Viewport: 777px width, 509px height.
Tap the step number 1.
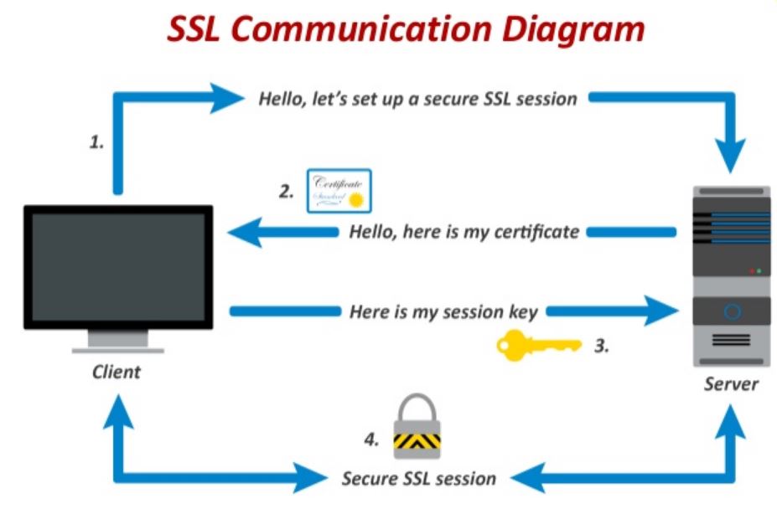pos(97,142)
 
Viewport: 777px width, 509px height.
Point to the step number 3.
pos(601,344)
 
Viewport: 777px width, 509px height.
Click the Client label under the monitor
pos(117,371)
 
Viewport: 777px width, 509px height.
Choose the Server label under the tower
pos(731,384)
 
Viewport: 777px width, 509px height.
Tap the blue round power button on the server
pos(732,312)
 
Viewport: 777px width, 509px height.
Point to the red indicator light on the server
pos(751,271)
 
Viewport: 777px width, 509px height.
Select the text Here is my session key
pos(443,311)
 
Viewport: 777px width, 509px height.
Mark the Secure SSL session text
pos(418,479)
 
